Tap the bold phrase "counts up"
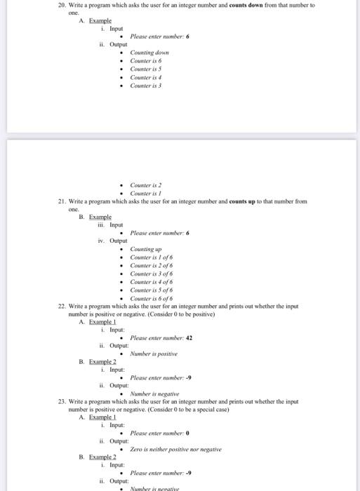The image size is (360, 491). coord(241,201)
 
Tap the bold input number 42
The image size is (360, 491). coord(189,337)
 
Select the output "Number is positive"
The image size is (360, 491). coord(155,354)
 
